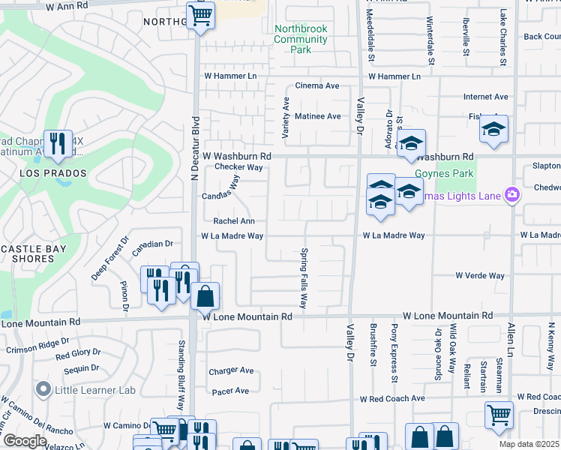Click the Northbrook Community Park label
pos(301,39)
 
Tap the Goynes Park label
pos(454,173)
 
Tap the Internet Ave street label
pos(485,97)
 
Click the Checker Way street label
pos(238,167)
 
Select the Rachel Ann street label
pos(234,221)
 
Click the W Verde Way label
pos(480,276)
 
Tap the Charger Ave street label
pos(232,370)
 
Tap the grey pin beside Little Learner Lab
pos(43,389)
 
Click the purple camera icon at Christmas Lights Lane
pos(512,195)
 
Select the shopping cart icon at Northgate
pos(200,14)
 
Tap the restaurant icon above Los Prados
pos(57,142)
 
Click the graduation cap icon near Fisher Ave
pos(494,130)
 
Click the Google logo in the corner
pos(25,441)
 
